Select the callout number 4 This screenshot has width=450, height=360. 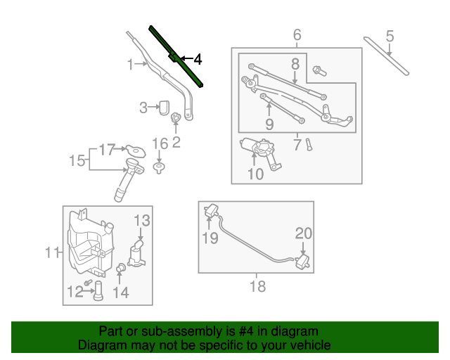[x=198, y=60]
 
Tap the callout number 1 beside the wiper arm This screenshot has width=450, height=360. [x=131, y=65]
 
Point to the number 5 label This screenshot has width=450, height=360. [x=390, y=36]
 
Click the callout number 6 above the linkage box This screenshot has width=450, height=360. [x=297, y=34]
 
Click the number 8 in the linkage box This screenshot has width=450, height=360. [x=295, y=64]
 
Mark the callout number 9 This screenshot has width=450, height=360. [x=269, y=125]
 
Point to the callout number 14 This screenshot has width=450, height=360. [x=121, y=291]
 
